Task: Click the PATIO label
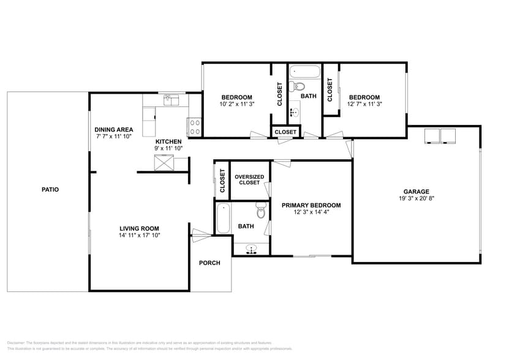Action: pyautogui.click(x=50, y=190)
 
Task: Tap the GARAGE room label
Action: pyautogui.click(x=416, y=191)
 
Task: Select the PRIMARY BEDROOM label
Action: pyautogui.click(x=311, y=205)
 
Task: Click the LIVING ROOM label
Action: pyautogui.click(x=140, y=228)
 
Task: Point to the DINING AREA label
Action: pyautogui.click(x=114, y=130)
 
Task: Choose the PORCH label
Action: pyautogui.click(x=209, y=263)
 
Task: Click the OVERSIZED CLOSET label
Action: pyautogui.click(x=249, y=180)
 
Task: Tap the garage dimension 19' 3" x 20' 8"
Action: pyautogui.click(x=416, y=198)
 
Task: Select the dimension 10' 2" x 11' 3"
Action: pyautogui.click(x=236, y=104)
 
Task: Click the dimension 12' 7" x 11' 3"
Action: pyautogui.click(x=364, y=104)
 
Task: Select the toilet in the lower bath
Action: pyautogui.click(x=261, y=212)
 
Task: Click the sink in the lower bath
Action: pyautogui.click(x=251, y=249)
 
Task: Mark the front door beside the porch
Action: pyautogui.click(x=200, y=233)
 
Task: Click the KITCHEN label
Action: pyautogui.click(x=168, y=141)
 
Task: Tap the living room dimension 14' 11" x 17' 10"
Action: pyautogui.click(x=140, y=235)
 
